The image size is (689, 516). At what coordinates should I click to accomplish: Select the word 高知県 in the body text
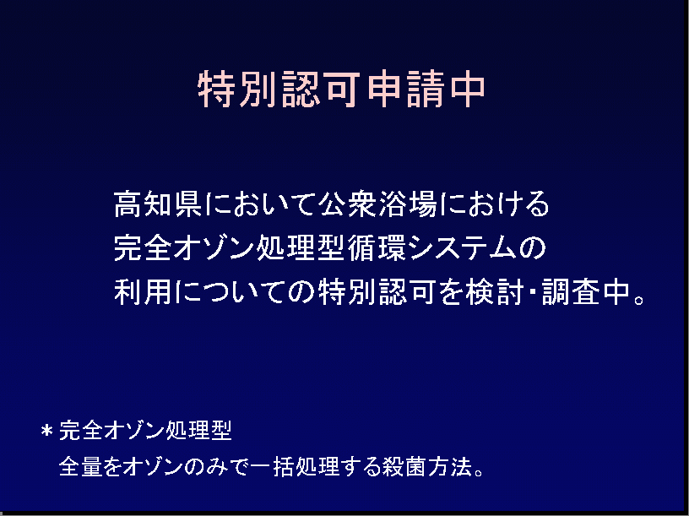coord(158,204)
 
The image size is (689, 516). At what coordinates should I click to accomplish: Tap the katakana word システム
coord(463,248)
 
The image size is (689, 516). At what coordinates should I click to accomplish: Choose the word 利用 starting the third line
coord(143,291)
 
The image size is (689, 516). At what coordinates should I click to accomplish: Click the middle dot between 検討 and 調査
coord(533,292)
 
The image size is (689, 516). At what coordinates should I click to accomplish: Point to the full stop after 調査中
coord(640,300)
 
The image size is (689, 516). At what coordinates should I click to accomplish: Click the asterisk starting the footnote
coord(47,431)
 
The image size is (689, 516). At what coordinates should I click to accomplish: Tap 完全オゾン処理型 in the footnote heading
coord(145,430)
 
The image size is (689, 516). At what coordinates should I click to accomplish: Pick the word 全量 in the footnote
coord(80,466)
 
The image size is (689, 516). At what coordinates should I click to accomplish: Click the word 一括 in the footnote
coord(273,466)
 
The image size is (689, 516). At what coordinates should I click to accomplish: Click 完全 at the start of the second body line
coord(143,248)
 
